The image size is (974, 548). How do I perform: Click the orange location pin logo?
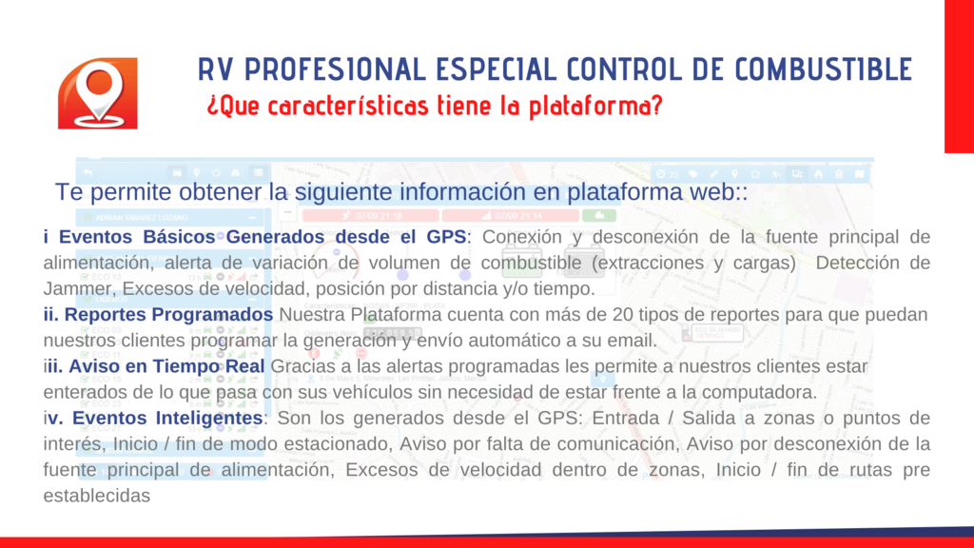pyautogui.click(x=98, y=93)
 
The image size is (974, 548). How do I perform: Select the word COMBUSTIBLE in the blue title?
pyautogui.click(x=824, y=69)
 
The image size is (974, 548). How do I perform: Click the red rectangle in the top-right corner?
pyautogui.click(x=959, y=76)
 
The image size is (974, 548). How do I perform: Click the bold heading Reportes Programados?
pyautogui.click(x=168, y=314)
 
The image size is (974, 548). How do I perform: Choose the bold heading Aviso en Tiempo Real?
pyautogui.click(x=166, y=366)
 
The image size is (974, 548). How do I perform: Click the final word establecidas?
pyautogui.click(x=97, y=496)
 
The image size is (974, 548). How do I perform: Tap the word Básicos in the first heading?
pyautogui.click(x=178, y=237)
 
